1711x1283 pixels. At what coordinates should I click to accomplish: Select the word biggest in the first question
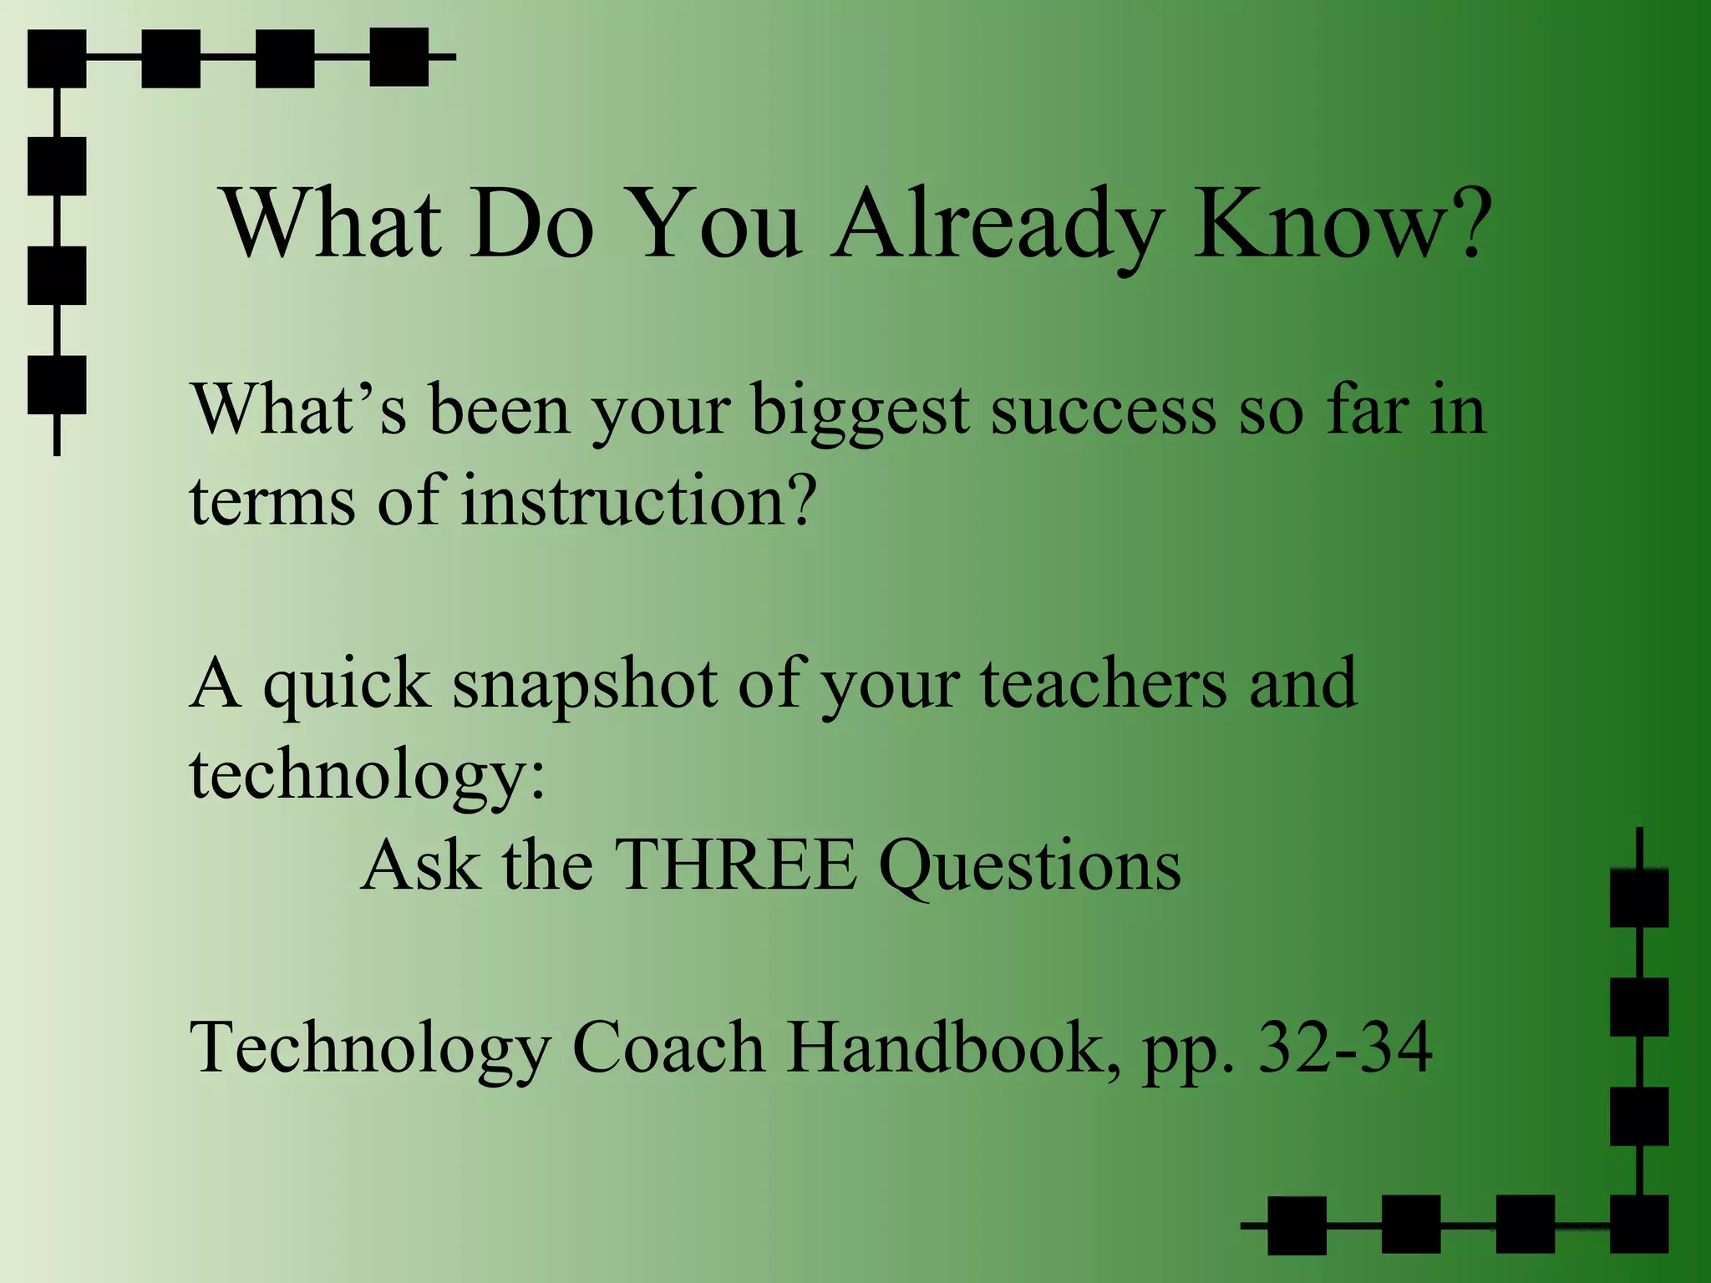click(x=861, y=413)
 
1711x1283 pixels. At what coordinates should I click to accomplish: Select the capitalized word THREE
click(x=735, y=865)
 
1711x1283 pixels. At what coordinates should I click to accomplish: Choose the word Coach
click(x=668, y=1047)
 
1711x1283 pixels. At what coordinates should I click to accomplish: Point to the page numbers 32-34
click(x=1345, y=1047)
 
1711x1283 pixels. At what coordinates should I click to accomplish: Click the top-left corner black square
click(x=57, y=58)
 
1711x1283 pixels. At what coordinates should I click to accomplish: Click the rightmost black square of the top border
click(x=399, y=57)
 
